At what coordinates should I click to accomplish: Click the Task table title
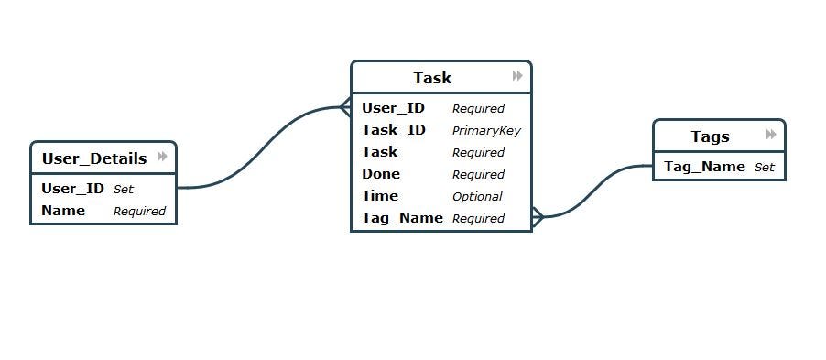(x=431, y=78)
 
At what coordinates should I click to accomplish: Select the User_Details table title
(x=94, y=158)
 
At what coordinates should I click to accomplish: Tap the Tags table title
(x=710, y=136)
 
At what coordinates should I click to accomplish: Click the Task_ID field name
(x=393, y=130)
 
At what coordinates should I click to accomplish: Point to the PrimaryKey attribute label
(x=486, y=131)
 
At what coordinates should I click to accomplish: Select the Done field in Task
(x=381, y=174)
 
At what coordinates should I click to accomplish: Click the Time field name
(x=380, y=196)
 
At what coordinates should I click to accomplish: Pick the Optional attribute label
(x=477, y=196)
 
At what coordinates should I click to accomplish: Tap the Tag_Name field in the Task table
(x=402, y=218)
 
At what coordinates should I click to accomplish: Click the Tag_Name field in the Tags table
(x=704, y=167)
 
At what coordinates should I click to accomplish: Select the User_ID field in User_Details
(x=73, y=189)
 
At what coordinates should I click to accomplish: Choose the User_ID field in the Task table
(x=393, y=108)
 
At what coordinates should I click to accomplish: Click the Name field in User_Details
(x=63, y=211)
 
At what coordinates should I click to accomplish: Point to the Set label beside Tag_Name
(x=765, y=168)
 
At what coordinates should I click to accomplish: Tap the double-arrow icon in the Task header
(x=517, y=76)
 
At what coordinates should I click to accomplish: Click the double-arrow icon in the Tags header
(x=772, y=136)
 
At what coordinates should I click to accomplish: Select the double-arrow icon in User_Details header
(x=162, y=157)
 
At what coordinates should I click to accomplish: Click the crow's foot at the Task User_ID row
(x=345, y=108)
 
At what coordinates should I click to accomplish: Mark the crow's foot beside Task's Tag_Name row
(x=538, y=218)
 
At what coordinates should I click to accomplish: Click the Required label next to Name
(x=139, y=212)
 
